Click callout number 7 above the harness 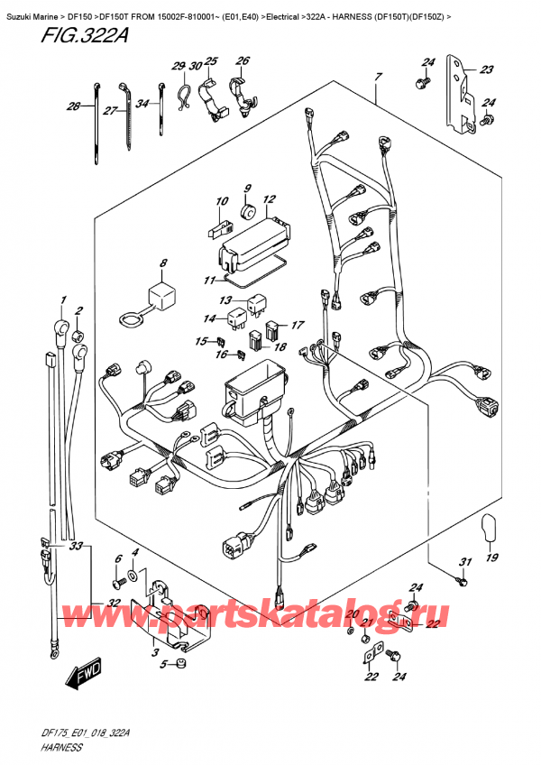click(x=379, y=78)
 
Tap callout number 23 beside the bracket click(x=487, y=69)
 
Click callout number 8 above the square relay click(x=162, y=263)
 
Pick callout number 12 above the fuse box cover click(x=269, y=199)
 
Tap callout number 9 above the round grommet click(x=246, y=189)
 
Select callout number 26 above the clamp click(x=242, y=61)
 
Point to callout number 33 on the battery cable click(x=77, y=547)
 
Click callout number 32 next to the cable click(x=114, y=604)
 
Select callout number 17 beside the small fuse click(x=298, y=326)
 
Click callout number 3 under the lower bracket click(x=154, y=651)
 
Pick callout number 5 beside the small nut click(x=162, y=665)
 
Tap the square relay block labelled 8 click(x=162, y=293)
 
